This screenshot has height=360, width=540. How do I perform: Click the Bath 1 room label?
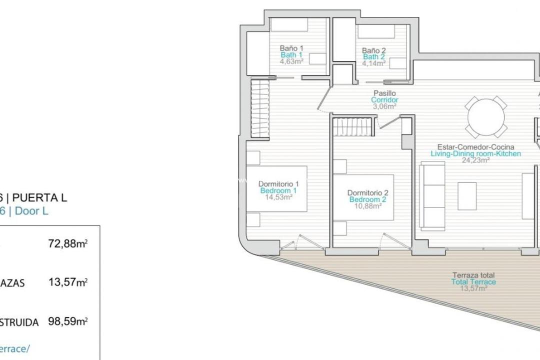pos(291,55)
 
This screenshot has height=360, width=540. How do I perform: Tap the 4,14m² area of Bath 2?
pos(373,63)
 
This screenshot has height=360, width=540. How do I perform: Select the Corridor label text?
pos(384,99)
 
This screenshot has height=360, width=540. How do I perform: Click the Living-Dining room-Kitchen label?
pos(475,153)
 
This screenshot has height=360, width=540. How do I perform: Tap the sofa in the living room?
pos(432,195)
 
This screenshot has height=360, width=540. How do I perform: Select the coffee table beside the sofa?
pos(467,196)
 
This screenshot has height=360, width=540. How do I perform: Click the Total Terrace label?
pos(473,282)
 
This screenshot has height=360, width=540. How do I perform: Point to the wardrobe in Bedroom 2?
pos(353,126)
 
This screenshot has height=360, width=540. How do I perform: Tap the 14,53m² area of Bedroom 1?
pos(278,197)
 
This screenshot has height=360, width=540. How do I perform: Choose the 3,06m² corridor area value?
pos(384,106)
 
